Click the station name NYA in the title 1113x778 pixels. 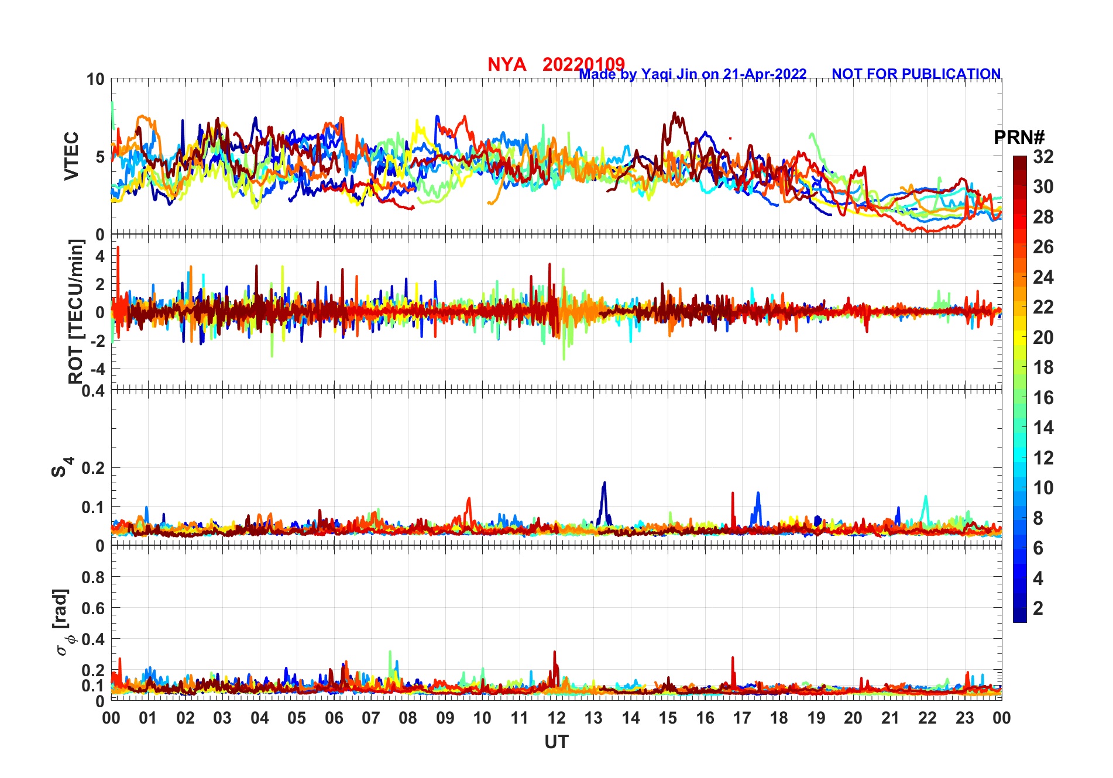pos(507,64)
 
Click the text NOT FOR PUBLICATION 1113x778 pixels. pos(916,74)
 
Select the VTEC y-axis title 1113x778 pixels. pos(71,156)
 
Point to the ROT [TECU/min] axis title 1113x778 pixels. pos(75,311)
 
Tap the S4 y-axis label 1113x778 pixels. pos(60,467)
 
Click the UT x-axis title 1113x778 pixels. pos(556,742)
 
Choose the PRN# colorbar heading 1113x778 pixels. pos(1019,137)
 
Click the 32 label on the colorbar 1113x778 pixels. pos(1043,156)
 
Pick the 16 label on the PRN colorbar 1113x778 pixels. pos(1043,398)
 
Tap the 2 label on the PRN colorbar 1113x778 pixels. pos(1038,608)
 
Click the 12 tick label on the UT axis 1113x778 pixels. pos(556,718)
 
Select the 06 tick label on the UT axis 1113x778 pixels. pos(334,718)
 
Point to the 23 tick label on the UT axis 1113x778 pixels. pos(964,718)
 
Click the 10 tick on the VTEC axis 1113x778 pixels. pos(95,79)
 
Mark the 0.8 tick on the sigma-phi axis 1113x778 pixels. pos(93,577)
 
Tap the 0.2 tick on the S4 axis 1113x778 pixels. pos(93,468)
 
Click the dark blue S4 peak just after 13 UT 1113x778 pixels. pos(604,483)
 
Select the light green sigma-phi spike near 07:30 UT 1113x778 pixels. pos(390,652)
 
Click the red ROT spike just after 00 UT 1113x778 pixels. pos(118,248)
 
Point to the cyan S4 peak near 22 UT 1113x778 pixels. pos(925,497)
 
